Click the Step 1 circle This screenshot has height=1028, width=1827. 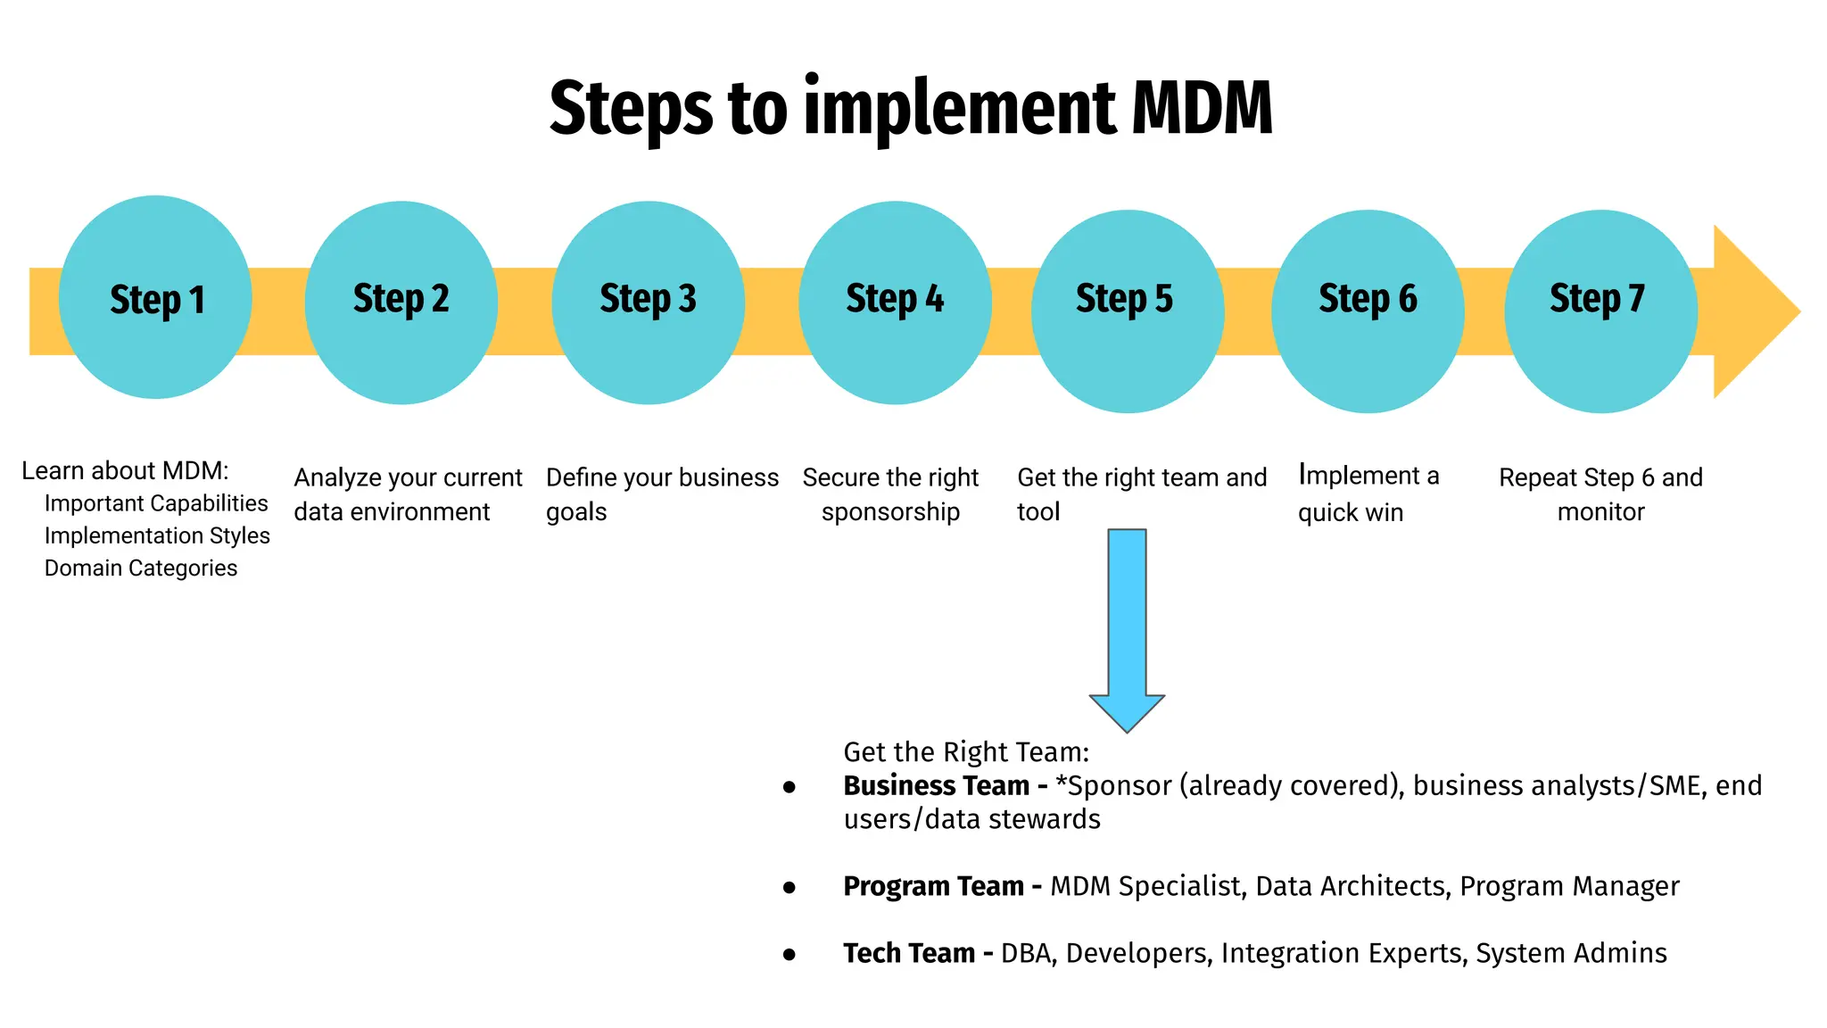[x=155, y=298]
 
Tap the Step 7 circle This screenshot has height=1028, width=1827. [x=1600, y=311]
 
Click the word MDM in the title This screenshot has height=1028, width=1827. [x=1202, y=109]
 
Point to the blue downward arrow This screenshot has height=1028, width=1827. [x=1127, y=625]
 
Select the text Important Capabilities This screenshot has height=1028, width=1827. [x=156, y=503]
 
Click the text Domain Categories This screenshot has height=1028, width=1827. [x=141, y=568]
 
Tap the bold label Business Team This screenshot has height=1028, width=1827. [x=936, y=785]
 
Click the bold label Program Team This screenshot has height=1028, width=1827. [x=933, y=886]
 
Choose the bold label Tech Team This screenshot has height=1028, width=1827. [x=909, y=953]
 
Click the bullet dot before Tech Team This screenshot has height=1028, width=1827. [x=789, y=955]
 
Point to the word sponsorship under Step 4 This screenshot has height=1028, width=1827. [x=890, y=512]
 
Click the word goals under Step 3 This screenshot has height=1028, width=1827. [x=576, y=513]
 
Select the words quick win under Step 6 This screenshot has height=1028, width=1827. [x=1351, y=513]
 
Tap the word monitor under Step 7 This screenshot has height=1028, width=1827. [x=1600, y=512]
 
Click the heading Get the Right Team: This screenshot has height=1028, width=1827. [x=966, y=752]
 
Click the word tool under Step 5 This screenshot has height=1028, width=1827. [x=1038, y=512]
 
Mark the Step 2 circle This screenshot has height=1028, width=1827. [x=401, y=302]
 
